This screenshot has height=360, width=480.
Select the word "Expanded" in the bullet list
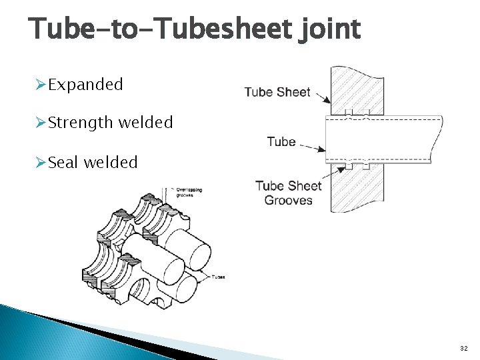86,85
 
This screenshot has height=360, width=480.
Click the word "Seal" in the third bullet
63,162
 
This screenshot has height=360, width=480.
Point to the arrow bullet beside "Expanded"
40,85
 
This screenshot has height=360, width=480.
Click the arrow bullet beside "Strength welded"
40,123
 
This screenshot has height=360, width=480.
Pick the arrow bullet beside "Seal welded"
40,162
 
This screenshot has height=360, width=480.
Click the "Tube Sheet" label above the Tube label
277,92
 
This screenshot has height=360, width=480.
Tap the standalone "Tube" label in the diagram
281,141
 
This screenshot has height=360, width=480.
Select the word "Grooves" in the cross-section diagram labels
288,200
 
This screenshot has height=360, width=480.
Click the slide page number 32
464,349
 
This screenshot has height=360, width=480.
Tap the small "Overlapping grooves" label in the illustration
189,193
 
